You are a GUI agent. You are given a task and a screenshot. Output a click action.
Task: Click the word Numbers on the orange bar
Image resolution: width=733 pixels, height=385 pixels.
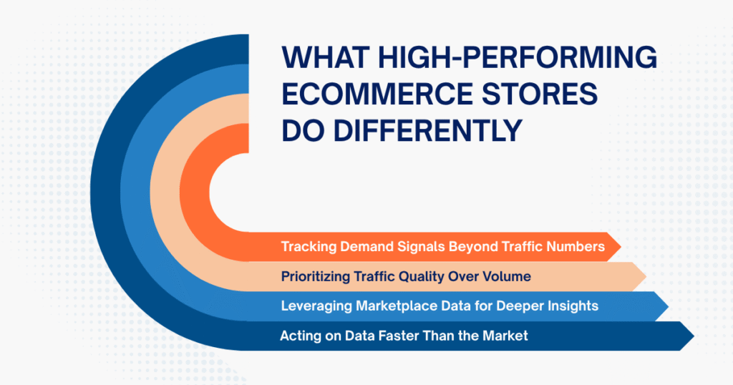tap(577, 247)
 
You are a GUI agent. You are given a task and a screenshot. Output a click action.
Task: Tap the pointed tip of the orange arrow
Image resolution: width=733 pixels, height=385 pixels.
tap(619, 247)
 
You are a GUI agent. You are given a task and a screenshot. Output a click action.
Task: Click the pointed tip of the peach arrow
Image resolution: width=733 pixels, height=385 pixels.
tap(646, 276)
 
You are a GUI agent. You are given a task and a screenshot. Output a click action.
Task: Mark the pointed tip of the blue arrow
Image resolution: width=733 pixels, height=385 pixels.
tap(668, 306)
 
